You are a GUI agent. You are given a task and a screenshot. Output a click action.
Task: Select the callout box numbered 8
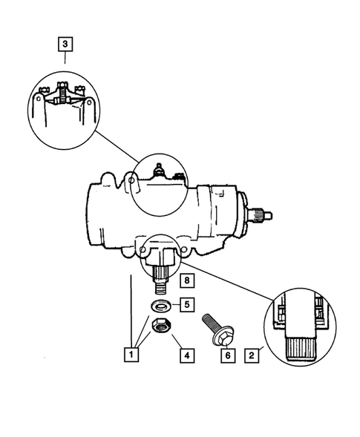(x=187, y=280)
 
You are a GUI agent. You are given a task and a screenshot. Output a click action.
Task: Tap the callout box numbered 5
(x=188, y=303)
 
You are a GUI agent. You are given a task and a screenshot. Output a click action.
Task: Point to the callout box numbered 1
(x=131, y=355)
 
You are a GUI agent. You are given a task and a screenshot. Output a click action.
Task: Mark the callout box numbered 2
(x=253, y=355)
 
